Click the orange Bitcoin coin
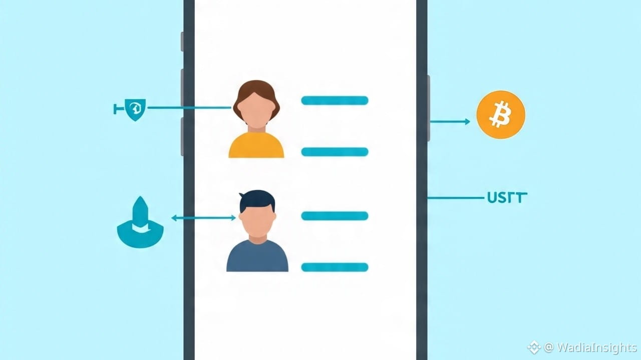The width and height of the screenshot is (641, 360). click(501, 115)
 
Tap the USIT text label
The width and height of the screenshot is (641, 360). click(507, 198)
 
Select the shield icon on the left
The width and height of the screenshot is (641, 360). click(135, 109)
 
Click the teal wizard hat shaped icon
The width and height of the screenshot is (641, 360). click(140, 225)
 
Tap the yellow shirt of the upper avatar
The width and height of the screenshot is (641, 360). click(256, 146)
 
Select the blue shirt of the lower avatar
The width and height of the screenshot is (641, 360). click(257, 257)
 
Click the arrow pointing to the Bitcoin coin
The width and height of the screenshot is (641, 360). click(449, 121)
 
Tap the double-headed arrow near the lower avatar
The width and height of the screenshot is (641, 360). click(203, 218)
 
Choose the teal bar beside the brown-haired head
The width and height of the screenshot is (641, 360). click(335, 101)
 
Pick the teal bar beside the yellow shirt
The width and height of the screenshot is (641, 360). click(335, 152)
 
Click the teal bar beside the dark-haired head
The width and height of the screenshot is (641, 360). click(335, 216)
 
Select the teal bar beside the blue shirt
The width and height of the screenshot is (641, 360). click(335, 267)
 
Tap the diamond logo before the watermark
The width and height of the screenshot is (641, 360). click(533, 346)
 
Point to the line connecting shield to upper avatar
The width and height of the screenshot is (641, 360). click(189, 107)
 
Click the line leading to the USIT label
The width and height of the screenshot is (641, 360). click(456, 198)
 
